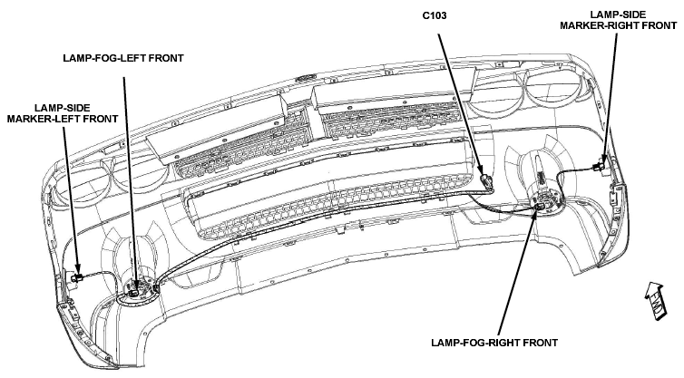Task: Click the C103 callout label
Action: pos(435,15)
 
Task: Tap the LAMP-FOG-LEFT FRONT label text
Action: pos(123,58)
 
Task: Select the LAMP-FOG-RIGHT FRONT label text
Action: pos(494,343)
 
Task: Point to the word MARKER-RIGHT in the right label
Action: pos(592,25)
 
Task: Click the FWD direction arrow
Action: pos(656,302)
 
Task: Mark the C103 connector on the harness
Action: pos(486,181)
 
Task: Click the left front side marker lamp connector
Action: pos(77,277)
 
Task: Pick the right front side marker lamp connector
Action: pos(599,166)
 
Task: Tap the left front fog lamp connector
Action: pos(135,290)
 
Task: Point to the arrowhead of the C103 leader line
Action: pos(480,171)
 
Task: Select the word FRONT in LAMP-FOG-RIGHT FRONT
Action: pos(542,343)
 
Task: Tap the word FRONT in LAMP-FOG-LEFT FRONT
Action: pos(168,58)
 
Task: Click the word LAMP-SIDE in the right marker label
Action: pos(618,15)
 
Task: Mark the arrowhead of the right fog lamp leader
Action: pos(536,210)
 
